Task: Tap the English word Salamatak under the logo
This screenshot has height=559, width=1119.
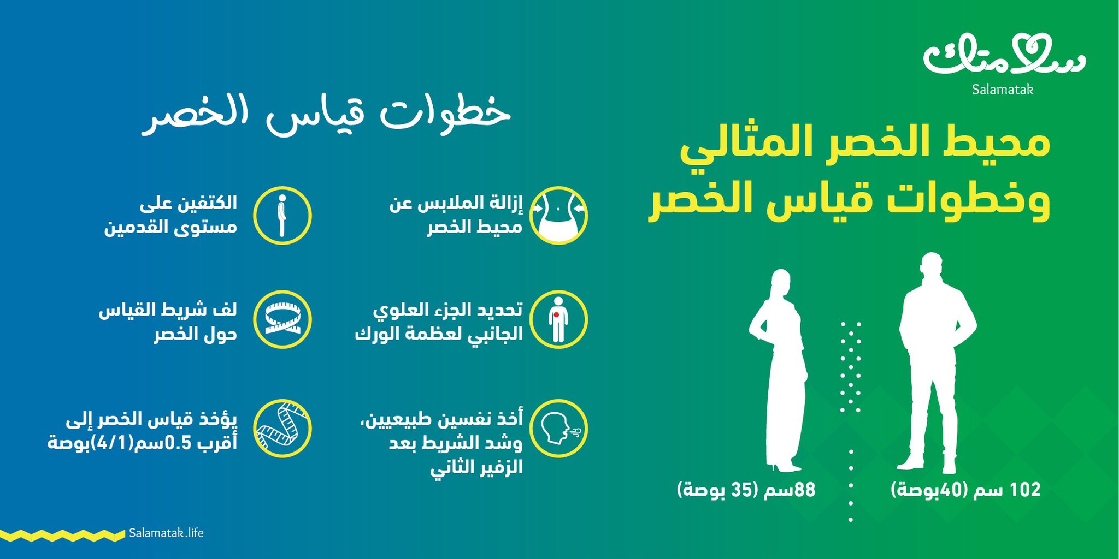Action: (1002, 89)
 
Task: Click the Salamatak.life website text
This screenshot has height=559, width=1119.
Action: (166, 533)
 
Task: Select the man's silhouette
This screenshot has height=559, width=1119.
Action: (938, 363)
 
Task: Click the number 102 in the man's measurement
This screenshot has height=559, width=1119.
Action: (1025, 490)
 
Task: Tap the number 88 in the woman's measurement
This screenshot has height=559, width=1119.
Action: (804, 490)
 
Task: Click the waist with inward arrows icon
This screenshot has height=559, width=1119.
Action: (558, 215)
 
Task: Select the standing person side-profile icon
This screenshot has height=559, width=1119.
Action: (282, 215)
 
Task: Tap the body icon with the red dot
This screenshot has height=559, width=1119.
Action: (558, 319)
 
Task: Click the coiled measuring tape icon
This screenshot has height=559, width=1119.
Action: (282, 319)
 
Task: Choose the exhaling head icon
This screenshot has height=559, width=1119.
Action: (558, 429)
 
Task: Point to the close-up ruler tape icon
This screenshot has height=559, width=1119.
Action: (282, 429)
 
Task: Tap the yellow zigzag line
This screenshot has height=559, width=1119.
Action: (63, 535)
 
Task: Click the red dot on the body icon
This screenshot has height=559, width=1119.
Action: (556, 315)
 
